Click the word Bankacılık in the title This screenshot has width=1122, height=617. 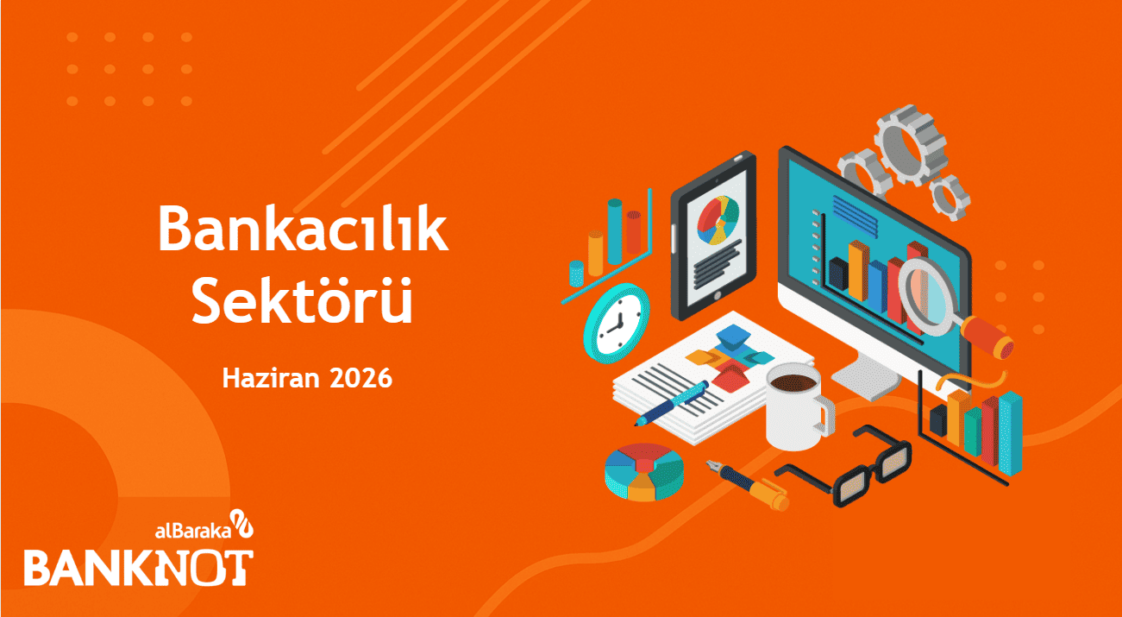tap(303, 228)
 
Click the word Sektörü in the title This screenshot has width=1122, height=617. tap(302, 299)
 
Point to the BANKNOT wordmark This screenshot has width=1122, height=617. tap(138, 568)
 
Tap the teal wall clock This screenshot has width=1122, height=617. tap(617, 322)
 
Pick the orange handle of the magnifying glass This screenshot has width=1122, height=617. tap(987, 337)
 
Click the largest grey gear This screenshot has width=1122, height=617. tap(910, 144)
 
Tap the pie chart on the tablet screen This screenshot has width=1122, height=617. tap(718, 220)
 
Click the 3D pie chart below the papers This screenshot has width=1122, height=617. tap(644, 472)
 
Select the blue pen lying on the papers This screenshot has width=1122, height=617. tap(671, 403)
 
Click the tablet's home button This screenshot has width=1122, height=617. tap(718, 296)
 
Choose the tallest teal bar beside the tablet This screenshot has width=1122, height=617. tap(615, 231)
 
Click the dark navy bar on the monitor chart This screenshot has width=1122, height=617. tap(838, 274)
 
